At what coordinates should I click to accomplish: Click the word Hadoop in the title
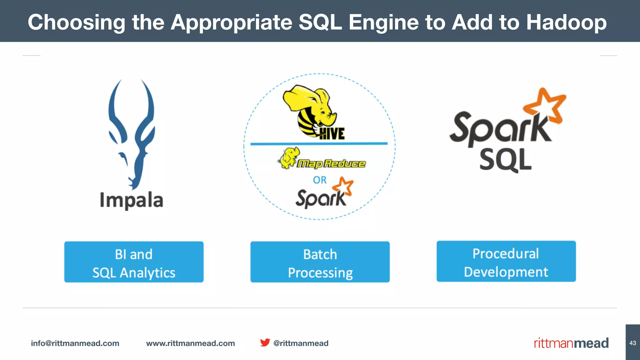(x=566, y=22)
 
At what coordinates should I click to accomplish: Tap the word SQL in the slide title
(x=320, y=22)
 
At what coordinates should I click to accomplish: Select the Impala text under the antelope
(x=132, y=200)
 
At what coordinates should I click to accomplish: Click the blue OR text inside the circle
(x=320, y=180)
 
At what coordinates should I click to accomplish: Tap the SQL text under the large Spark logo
(x=505, y=160)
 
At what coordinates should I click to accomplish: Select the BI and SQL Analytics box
(x=134, y=262)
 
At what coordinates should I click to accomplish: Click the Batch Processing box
(x=320, y=262)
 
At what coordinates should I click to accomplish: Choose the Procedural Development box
(x=506, y=261)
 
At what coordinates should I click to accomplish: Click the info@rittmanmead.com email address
(x=75, y=343)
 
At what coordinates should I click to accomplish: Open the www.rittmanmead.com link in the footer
(x=190, y=343)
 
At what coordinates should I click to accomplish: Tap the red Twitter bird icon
(x=265, y=342)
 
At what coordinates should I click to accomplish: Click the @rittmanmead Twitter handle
(x=301, y=343)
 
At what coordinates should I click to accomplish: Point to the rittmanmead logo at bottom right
(x=571, y=343)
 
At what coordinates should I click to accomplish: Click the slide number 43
(x=632, y=343)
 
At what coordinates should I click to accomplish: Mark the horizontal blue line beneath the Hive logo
(x=319, y=144)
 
